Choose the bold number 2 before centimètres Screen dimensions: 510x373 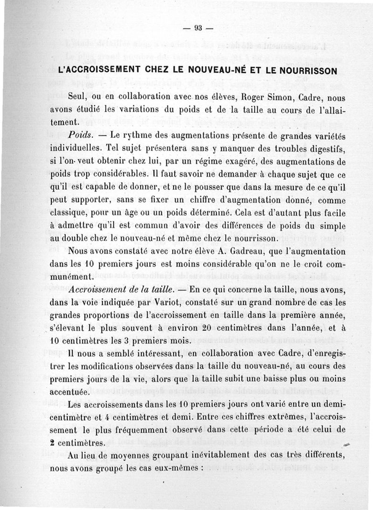click(x=54, y=443)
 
